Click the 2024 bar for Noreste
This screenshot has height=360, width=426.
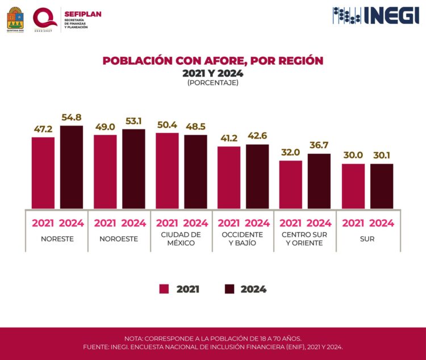[x=72, y=167]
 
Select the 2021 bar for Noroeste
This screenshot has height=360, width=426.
[x=105, y=171]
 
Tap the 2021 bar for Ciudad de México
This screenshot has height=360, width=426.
[x=167, y=170]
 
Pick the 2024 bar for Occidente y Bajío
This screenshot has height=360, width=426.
[x=257, y=176]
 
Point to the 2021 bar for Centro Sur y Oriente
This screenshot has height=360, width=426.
[x=291, y=185]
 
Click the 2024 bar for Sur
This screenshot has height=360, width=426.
[x=382, y=186]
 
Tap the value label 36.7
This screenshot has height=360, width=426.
[x=319, y=145]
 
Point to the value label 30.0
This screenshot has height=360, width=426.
[x=353, y=156]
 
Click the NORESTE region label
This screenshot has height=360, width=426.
[x=57, y=239]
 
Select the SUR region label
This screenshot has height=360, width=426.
[x=367, y=239]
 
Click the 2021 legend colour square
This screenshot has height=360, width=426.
[x=164, y=289]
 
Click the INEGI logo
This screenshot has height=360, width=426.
[x=376, y=15]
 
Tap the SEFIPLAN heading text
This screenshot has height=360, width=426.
[x=83, y=14]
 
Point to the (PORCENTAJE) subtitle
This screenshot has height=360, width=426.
[x=212, y=83]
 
